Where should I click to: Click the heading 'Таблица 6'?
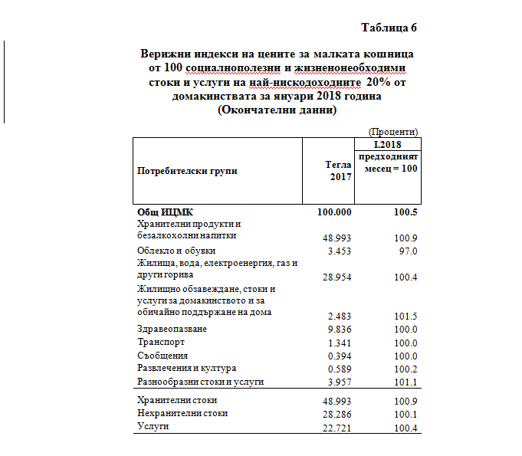(389, 28)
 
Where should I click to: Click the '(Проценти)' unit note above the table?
(393, 133)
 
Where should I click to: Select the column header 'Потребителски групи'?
(187, 170)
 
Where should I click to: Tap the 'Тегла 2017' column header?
(338, 170)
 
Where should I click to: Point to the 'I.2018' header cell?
(386, 144)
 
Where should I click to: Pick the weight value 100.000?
(334, 211)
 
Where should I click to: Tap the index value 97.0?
(407, 251)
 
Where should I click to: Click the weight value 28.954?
(337, 277)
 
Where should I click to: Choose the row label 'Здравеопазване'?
(172, 330)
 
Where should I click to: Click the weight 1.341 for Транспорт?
(340, 343)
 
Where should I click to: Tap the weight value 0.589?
(340, 369)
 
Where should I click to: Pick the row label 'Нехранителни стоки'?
(182, 413)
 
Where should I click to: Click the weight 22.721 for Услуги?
(337, 426)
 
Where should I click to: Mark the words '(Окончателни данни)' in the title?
(277, 110)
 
